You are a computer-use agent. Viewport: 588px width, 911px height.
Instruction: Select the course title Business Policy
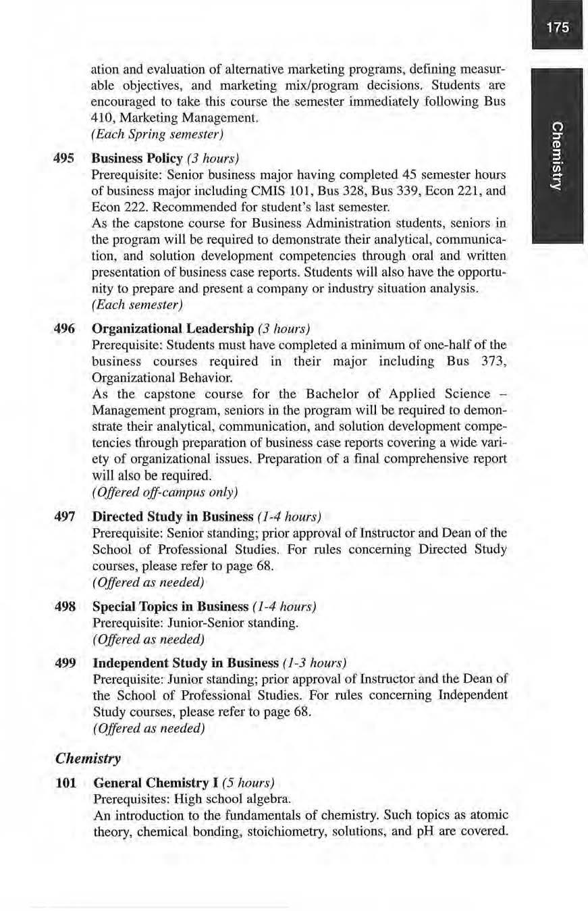pyautogui.click(x=137, y=159)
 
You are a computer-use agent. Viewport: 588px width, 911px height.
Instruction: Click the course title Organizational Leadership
pyautogui.click(x=172, y=329)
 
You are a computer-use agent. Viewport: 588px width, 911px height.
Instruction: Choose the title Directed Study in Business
pyautogui.click(x=172, y=517)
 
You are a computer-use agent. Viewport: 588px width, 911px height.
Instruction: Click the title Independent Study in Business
pyautogui.click(x=185, y=662)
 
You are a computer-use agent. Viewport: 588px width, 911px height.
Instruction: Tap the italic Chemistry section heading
pyautogui.click(x=87, y=758)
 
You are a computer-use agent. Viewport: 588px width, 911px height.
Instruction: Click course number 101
pyautogui.click(x=67, y=783)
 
